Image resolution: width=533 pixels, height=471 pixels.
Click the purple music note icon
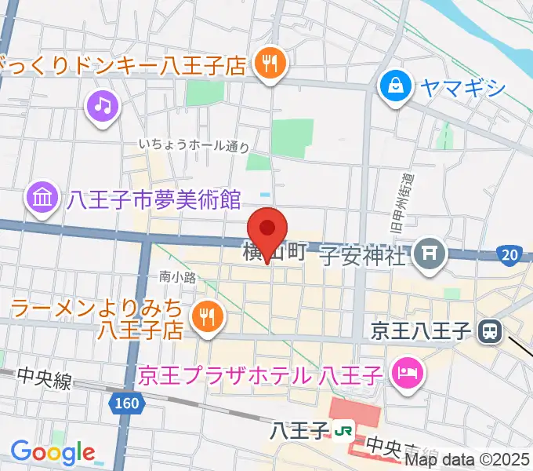[103, 106]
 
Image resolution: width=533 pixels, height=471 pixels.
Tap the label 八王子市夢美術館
[154, 200]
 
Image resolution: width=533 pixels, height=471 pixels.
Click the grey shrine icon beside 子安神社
[429, 254]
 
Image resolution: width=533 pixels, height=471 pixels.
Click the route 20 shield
[508, 254]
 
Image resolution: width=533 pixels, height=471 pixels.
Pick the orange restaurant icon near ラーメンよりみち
[208, 317]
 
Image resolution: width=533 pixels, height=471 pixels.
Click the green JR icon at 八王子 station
[343, 431]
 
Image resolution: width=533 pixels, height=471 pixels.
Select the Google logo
[53, 452]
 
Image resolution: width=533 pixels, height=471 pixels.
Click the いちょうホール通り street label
[194, 145]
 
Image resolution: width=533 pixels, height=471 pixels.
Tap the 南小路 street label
[176, 276]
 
